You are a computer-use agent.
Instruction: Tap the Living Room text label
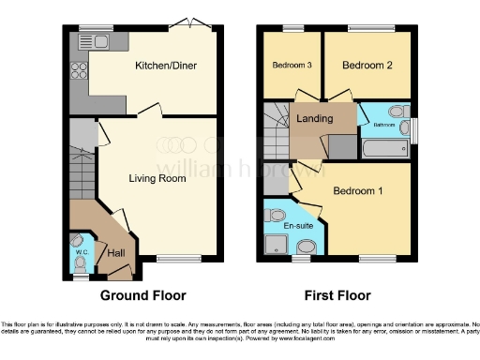coord(157,177)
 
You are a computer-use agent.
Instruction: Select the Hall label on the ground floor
coord(117,252)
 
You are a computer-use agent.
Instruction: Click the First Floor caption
coord(335,295)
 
